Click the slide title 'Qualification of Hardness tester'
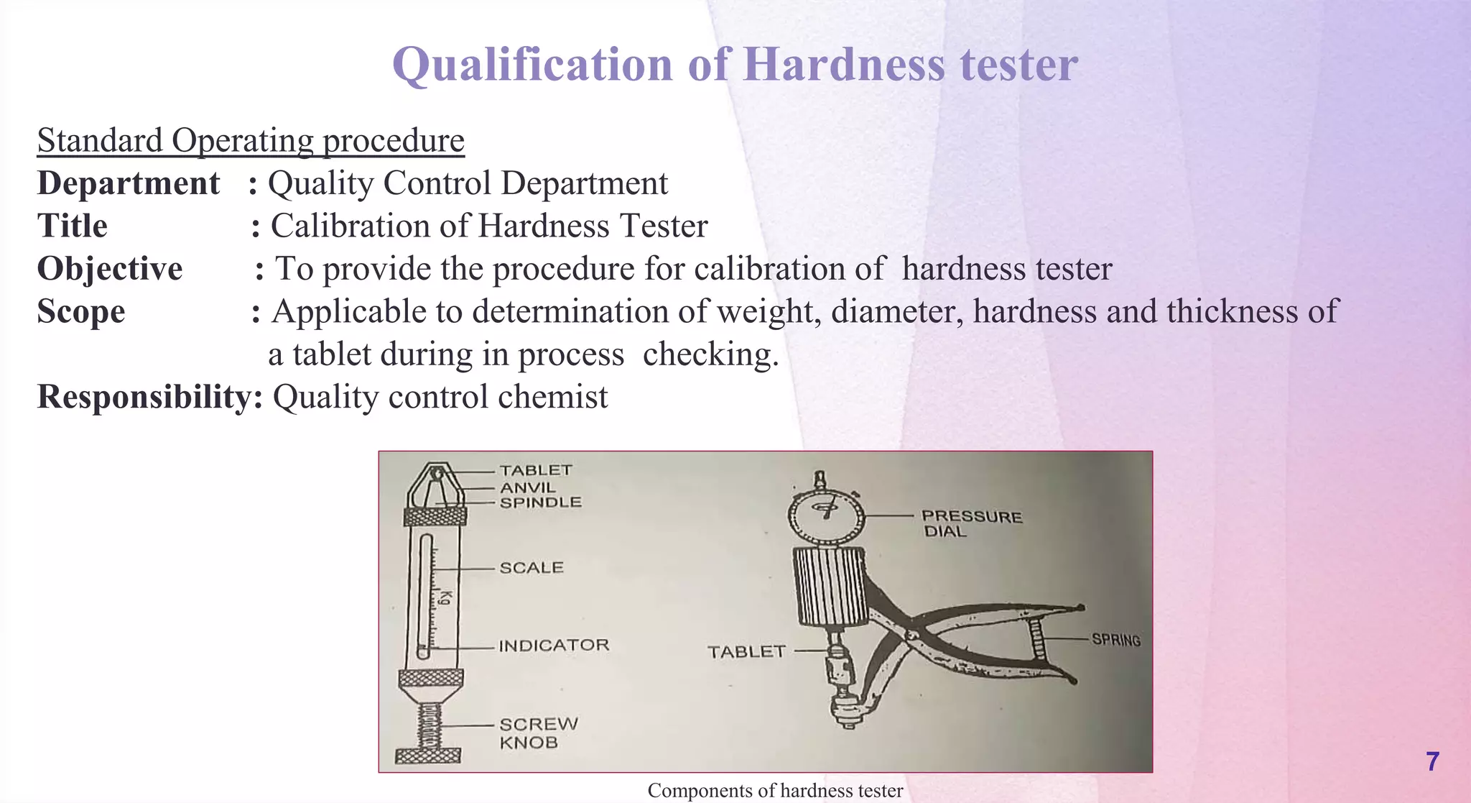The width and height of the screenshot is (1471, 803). point(735,65)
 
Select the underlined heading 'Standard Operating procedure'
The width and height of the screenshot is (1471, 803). point(251,140)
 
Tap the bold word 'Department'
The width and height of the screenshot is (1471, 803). point(128,183)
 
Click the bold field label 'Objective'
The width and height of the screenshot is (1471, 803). point(110,269)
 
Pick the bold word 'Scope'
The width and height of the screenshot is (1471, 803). point(81,311)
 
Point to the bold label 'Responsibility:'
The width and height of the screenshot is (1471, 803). point(149,397)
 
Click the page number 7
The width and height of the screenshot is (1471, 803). point(1432,761)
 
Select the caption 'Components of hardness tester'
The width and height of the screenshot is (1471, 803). point(775,791)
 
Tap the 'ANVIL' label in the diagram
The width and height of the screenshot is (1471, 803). point(528,487)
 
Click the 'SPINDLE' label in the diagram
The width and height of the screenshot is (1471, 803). point(540,503)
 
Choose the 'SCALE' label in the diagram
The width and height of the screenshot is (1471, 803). point(532,568)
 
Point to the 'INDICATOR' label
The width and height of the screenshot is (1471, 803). point(554,646)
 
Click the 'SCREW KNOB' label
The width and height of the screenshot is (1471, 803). point(538,733)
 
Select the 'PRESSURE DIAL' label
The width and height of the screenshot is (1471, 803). point(971,523)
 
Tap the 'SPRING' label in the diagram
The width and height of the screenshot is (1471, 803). point(1115,639)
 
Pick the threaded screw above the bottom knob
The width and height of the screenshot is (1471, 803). point(429,725)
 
